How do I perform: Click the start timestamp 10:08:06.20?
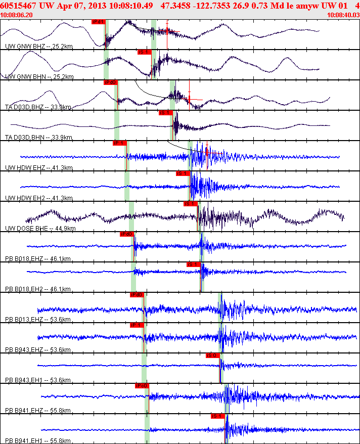click(17, 15)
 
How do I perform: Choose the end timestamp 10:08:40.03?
click(343, 15)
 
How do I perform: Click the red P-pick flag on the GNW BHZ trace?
click(98, 22)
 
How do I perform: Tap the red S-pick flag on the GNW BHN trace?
click(144, 52)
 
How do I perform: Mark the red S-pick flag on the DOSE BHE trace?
click(190, 204)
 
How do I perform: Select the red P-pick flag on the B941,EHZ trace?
click(142, 386)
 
